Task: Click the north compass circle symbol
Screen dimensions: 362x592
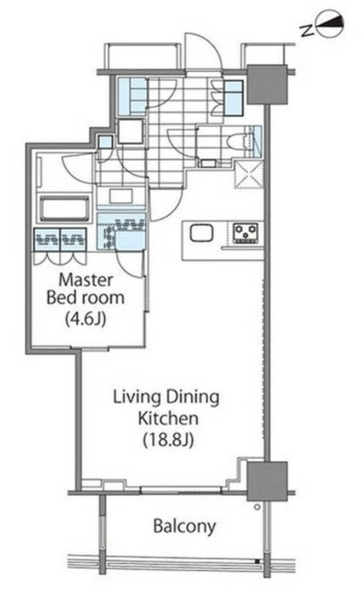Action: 331,24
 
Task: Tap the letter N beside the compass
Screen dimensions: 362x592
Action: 308,31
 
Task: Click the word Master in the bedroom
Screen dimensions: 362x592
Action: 86,280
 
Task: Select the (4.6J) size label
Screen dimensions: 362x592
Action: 86,319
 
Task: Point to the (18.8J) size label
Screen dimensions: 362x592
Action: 168,439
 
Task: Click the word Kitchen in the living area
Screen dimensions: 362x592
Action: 168,419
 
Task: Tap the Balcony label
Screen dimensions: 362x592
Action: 184,526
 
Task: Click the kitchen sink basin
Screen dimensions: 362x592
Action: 202,233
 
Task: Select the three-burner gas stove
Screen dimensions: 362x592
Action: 245,233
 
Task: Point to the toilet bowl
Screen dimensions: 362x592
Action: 237,144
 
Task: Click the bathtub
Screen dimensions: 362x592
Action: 65,209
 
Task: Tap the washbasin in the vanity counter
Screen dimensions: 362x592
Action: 121,196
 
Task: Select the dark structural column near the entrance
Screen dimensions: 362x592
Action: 267,84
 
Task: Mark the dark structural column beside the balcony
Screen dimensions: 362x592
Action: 267,481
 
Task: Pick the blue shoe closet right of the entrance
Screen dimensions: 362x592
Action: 234,98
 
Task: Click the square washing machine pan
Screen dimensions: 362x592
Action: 131,132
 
